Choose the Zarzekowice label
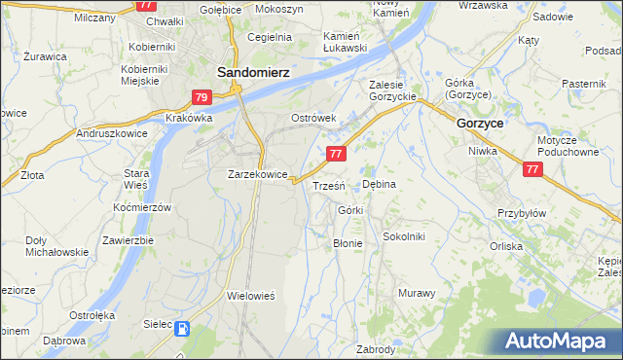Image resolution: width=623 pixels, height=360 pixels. tap(257, 174)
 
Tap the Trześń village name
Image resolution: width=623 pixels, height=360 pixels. tap(327, 185)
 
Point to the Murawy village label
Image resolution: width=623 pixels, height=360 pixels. tap(416, 292)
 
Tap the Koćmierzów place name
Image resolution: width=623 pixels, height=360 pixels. tap(141, 208)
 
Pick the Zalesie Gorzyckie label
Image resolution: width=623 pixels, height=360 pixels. tap(392, 90)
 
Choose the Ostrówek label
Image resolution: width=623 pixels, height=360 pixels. tap(313, 118)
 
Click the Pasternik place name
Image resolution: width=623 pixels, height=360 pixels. tap(584, 85)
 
